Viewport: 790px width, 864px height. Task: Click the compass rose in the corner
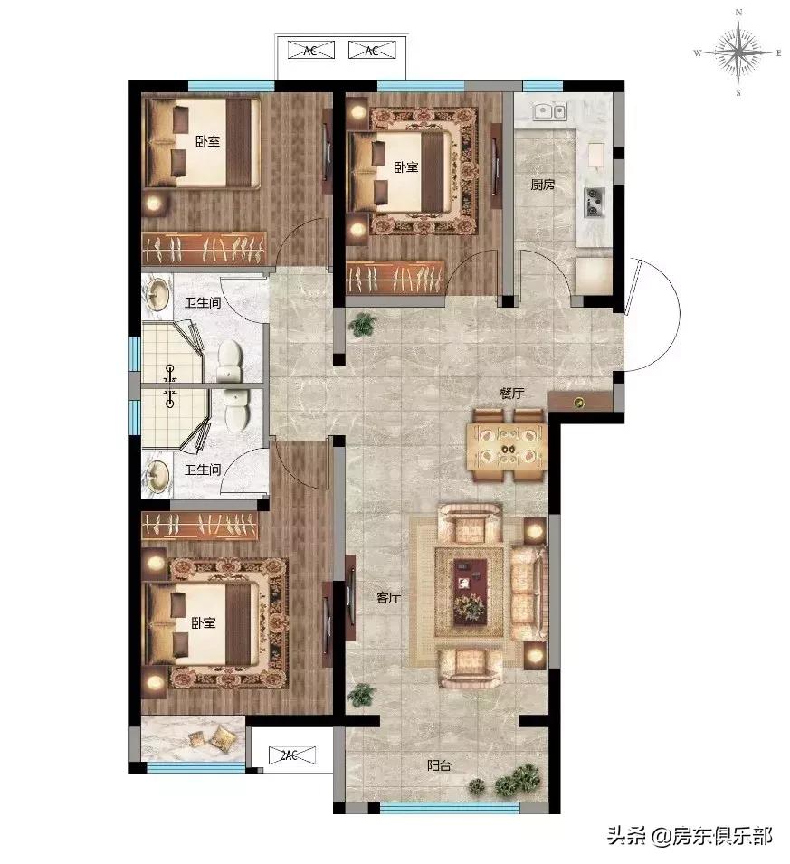point(738,52)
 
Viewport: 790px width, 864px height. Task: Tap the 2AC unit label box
point(292,755)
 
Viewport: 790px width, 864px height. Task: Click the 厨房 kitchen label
point(542,185)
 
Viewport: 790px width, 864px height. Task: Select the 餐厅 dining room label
point(511,393)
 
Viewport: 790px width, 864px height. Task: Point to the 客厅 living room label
point(388,597)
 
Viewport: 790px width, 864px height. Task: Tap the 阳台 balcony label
point(440,765)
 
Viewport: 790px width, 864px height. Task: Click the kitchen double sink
point(549,110)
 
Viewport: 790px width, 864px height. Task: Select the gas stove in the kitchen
point(595,203)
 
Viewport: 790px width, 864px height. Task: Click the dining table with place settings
point(507,445)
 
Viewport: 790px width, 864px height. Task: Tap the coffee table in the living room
point(470,593)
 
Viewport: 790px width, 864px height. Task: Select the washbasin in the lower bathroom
point(157,475)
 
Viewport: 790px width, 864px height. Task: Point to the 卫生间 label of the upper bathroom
point(203,302)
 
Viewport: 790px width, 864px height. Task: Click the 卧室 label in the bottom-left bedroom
point(204,622)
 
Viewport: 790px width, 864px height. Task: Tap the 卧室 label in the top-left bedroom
point(207,141)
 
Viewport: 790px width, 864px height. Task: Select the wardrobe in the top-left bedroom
point(205,249)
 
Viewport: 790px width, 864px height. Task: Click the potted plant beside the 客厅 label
point(362,695)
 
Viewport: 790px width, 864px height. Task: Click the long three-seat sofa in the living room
point(529,593)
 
